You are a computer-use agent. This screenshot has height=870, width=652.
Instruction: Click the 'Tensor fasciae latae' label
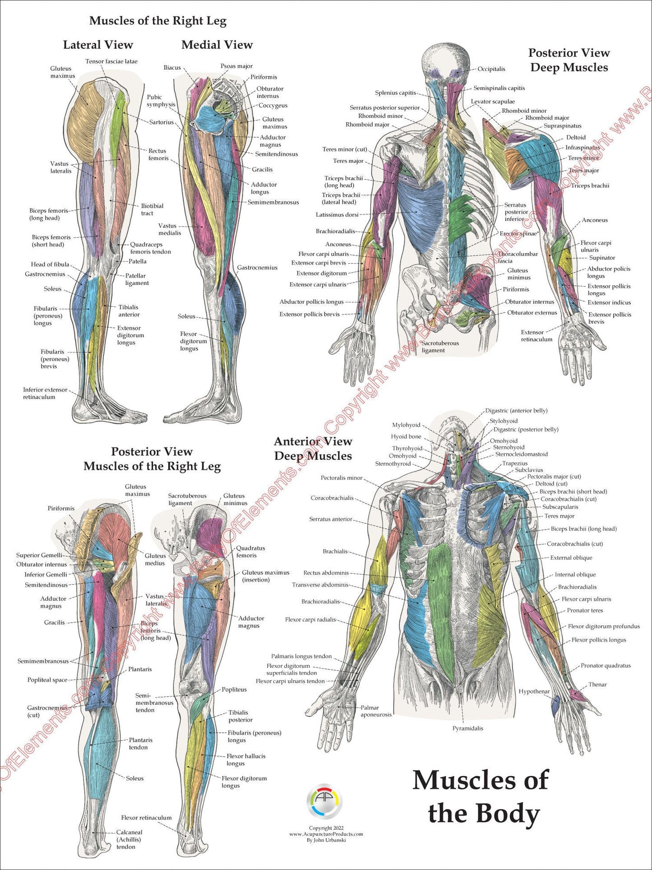point(111,61)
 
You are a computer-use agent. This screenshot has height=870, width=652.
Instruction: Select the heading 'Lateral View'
point(98,45)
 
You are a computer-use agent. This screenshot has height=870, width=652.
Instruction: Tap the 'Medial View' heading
point(217,45)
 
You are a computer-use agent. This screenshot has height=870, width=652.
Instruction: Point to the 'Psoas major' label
point(236,66)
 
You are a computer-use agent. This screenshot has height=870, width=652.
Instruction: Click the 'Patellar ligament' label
point(137,279)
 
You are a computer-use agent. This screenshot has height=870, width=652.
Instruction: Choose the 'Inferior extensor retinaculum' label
point(45,393)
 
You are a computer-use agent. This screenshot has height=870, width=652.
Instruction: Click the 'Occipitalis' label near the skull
point(491,69)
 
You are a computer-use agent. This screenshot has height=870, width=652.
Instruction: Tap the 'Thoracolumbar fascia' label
point(518,257)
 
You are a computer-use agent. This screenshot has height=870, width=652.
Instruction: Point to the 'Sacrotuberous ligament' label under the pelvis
point(440,347)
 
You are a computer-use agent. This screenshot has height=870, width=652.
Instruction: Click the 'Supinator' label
point(602,258)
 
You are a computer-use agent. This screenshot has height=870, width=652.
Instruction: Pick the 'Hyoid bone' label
point(406,437)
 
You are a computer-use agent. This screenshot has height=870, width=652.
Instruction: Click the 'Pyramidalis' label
point(467,728)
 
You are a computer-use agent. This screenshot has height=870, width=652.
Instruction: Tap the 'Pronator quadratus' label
point(606,665)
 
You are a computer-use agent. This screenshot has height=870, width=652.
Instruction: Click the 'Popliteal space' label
point(47,680)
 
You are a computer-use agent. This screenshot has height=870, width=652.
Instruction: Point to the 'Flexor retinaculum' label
point(146,818)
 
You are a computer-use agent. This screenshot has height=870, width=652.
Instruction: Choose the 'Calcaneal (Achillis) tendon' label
point(129,839)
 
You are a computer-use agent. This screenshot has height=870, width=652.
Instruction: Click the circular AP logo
point(324,801)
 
